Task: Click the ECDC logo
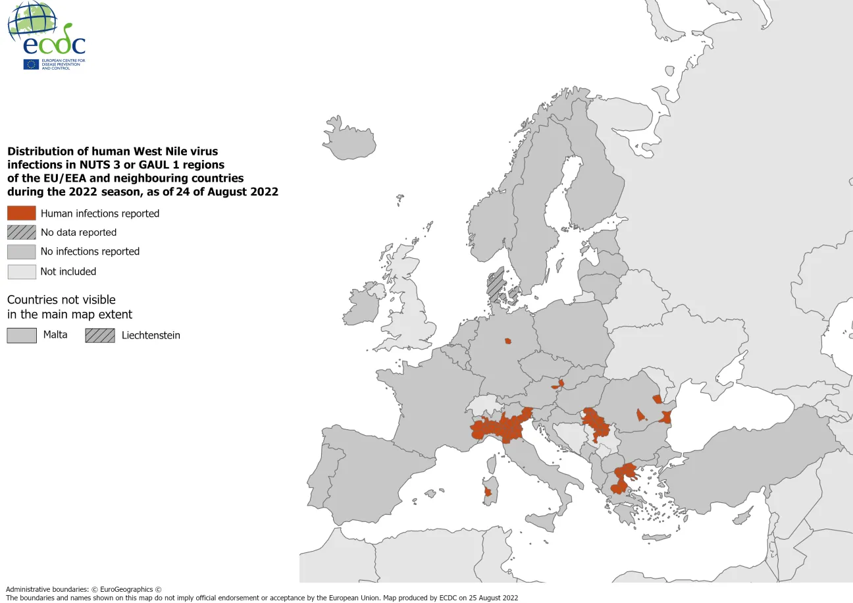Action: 46,36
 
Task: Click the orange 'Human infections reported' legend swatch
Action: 22,213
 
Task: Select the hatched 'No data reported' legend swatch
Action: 22,232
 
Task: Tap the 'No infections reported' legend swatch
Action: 22,251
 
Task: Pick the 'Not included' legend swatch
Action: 22,271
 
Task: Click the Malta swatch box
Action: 22,335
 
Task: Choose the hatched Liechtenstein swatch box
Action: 100,335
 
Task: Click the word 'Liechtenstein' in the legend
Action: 151,335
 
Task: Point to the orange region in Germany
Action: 507,341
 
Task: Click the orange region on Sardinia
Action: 488,492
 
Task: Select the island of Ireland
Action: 363,304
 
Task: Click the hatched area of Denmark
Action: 496,284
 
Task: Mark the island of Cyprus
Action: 742,519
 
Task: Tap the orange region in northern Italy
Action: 500,428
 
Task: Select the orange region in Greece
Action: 623,477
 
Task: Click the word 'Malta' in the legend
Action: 55,334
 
